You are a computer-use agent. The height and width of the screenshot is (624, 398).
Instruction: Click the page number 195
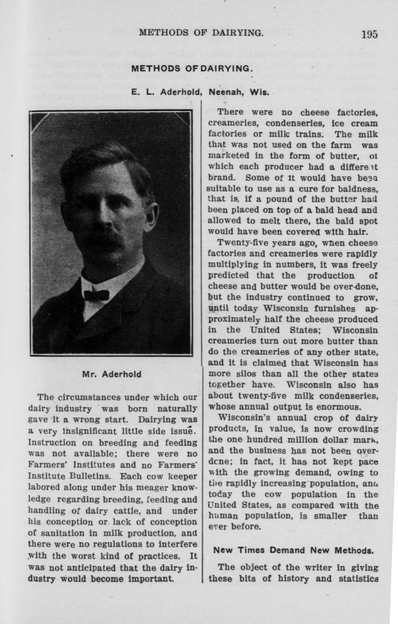369,34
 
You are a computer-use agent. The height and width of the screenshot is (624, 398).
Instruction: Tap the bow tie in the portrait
96,295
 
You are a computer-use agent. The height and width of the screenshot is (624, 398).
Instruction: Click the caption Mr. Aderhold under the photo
112,374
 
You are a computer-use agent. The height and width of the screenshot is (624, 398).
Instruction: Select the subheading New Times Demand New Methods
293,550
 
